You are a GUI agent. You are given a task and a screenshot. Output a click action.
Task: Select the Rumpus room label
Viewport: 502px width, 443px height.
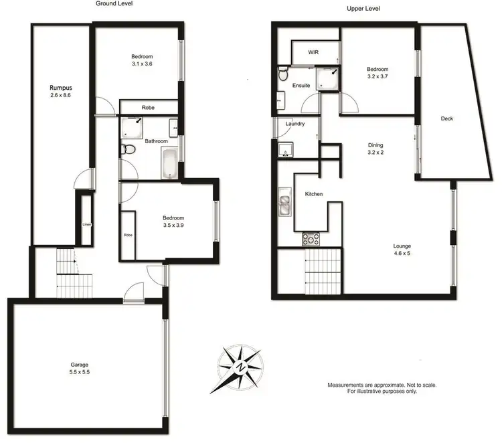60,88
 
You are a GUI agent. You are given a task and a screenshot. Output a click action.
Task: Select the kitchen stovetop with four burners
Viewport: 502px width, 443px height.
312,237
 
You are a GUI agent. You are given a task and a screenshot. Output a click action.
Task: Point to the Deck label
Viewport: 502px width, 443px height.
447,118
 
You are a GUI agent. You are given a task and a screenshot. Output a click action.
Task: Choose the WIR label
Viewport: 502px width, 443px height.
313,52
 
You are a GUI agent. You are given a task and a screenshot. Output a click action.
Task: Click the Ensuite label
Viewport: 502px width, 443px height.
301,86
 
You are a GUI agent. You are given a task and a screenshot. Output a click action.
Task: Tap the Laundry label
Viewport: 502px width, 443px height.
295,124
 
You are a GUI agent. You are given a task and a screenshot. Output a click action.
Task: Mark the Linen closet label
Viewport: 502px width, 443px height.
86,224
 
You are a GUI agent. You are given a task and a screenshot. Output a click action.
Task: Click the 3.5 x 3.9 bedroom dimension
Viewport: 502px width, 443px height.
173,226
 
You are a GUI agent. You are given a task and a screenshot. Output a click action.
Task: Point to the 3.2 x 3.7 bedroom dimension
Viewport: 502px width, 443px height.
377,78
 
